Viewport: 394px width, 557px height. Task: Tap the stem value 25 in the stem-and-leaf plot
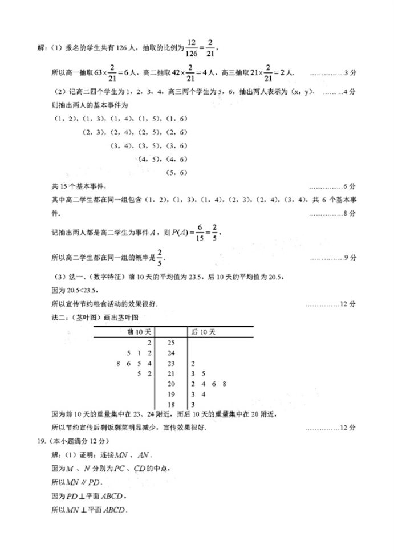[171, 343]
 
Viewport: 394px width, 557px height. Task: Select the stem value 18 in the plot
[171, 404]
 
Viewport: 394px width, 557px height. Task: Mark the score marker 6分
[351, 186]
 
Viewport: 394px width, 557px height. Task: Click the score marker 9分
[351, 258]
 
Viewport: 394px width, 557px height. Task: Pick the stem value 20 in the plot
[171, 384]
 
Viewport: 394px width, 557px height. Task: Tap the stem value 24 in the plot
[171, 353]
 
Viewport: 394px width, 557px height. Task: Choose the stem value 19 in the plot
[171, 394]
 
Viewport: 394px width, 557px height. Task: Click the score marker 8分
[351, 213]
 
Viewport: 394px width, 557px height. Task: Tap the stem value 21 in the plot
[171, 373]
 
